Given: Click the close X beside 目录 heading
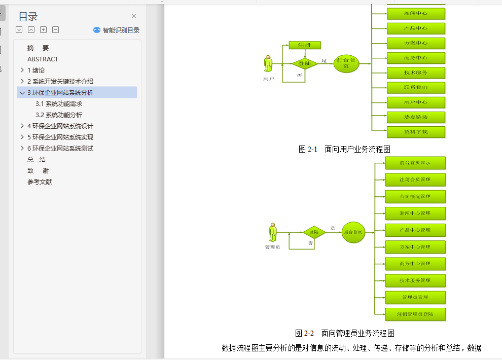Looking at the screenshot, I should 134,16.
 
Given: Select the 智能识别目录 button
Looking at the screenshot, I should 116,30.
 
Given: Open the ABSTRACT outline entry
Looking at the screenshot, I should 43,59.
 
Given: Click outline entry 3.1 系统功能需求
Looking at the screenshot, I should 59,103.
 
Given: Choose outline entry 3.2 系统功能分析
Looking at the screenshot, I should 59,115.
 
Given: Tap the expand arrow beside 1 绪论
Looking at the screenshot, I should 22,70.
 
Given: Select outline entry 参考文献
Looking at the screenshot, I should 40,182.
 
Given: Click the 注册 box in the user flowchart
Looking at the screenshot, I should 305,45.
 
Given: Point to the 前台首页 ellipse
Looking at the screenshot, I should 346,63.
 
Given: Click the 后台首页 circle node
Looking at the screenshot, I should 353,232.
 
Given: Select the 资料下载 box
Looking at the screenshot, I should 416,132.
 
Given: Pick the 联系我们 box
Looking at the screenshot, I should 416,87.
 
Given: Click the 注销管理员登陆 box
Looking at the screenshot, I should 415,314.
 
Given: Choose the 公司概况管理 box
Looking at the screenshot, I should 415,196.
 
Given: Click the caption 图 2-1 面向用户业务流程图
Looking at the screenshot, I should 344,149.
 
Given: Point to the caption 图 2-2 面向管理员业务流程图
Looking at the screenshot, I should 345,333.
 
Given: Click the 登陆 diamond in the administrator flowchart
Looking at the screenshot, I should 314,232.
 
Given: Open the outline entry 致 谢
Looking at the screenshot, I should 38,170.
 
